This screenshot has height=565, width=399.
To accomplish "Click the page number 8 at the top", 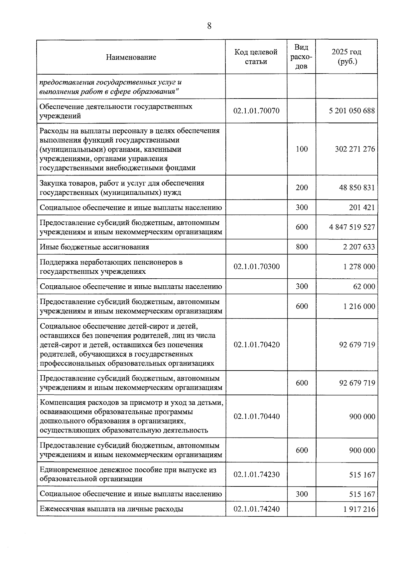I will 209,26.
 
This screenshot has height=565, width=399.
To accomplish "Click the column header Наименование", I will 131,57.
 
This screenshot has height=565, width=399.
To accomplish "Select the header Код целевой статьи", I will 256,57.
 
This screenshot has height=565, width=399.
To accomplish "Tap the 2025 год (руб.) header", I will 346,57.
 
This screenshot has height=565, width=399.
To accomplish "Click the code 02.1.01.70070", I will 256,111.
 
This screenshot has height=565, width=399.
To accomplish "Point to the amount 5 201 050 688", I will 352,111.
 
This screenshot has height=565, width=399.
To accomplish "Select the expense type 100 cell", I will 302,149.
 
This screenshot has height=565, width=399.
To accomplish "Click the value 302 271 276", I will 355,149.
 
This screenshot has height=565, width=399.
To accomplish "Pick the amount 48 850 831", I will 357,187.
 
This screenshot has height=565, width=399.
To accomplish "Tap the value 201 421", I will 362,207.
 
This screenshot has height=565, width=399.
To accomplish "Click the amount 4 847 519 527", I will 352,227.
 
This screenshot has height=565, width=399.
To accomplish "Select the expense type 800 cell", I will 302,247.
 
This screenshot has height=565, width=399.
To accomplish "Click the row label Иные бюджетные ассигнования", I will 94,247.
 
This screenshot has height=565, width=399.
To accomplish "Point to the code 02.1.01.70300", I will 256,266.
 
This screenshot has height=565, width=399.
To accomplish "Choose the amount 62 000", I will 364,286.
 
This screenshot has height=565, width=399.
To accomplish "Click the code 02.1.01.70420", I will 256,345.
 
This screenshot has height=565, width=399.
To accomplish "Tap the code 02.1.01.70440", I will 256,417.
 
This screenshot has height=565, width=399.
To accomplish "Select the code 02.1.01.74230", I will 256,474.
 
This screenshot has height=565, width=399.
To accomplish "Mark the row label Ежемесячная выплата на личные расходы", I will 111,509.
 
